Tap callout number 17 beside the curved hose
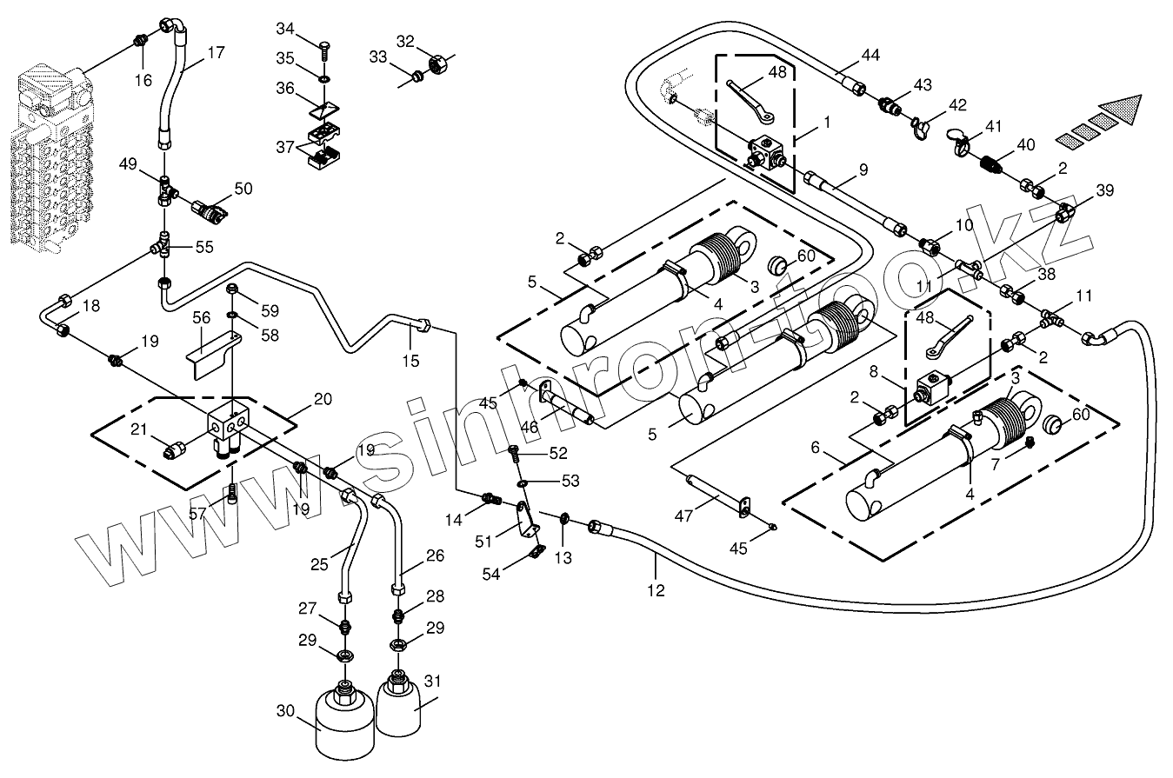216,52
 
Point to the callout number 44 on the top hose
870,55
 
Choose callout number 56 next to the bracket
202,318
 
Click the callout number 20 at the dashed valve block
323,399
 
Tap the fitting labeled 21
177,449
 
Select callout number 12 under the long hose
656,590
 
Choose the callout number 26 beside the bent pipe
435,555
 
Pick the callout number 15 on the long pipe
411,360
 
